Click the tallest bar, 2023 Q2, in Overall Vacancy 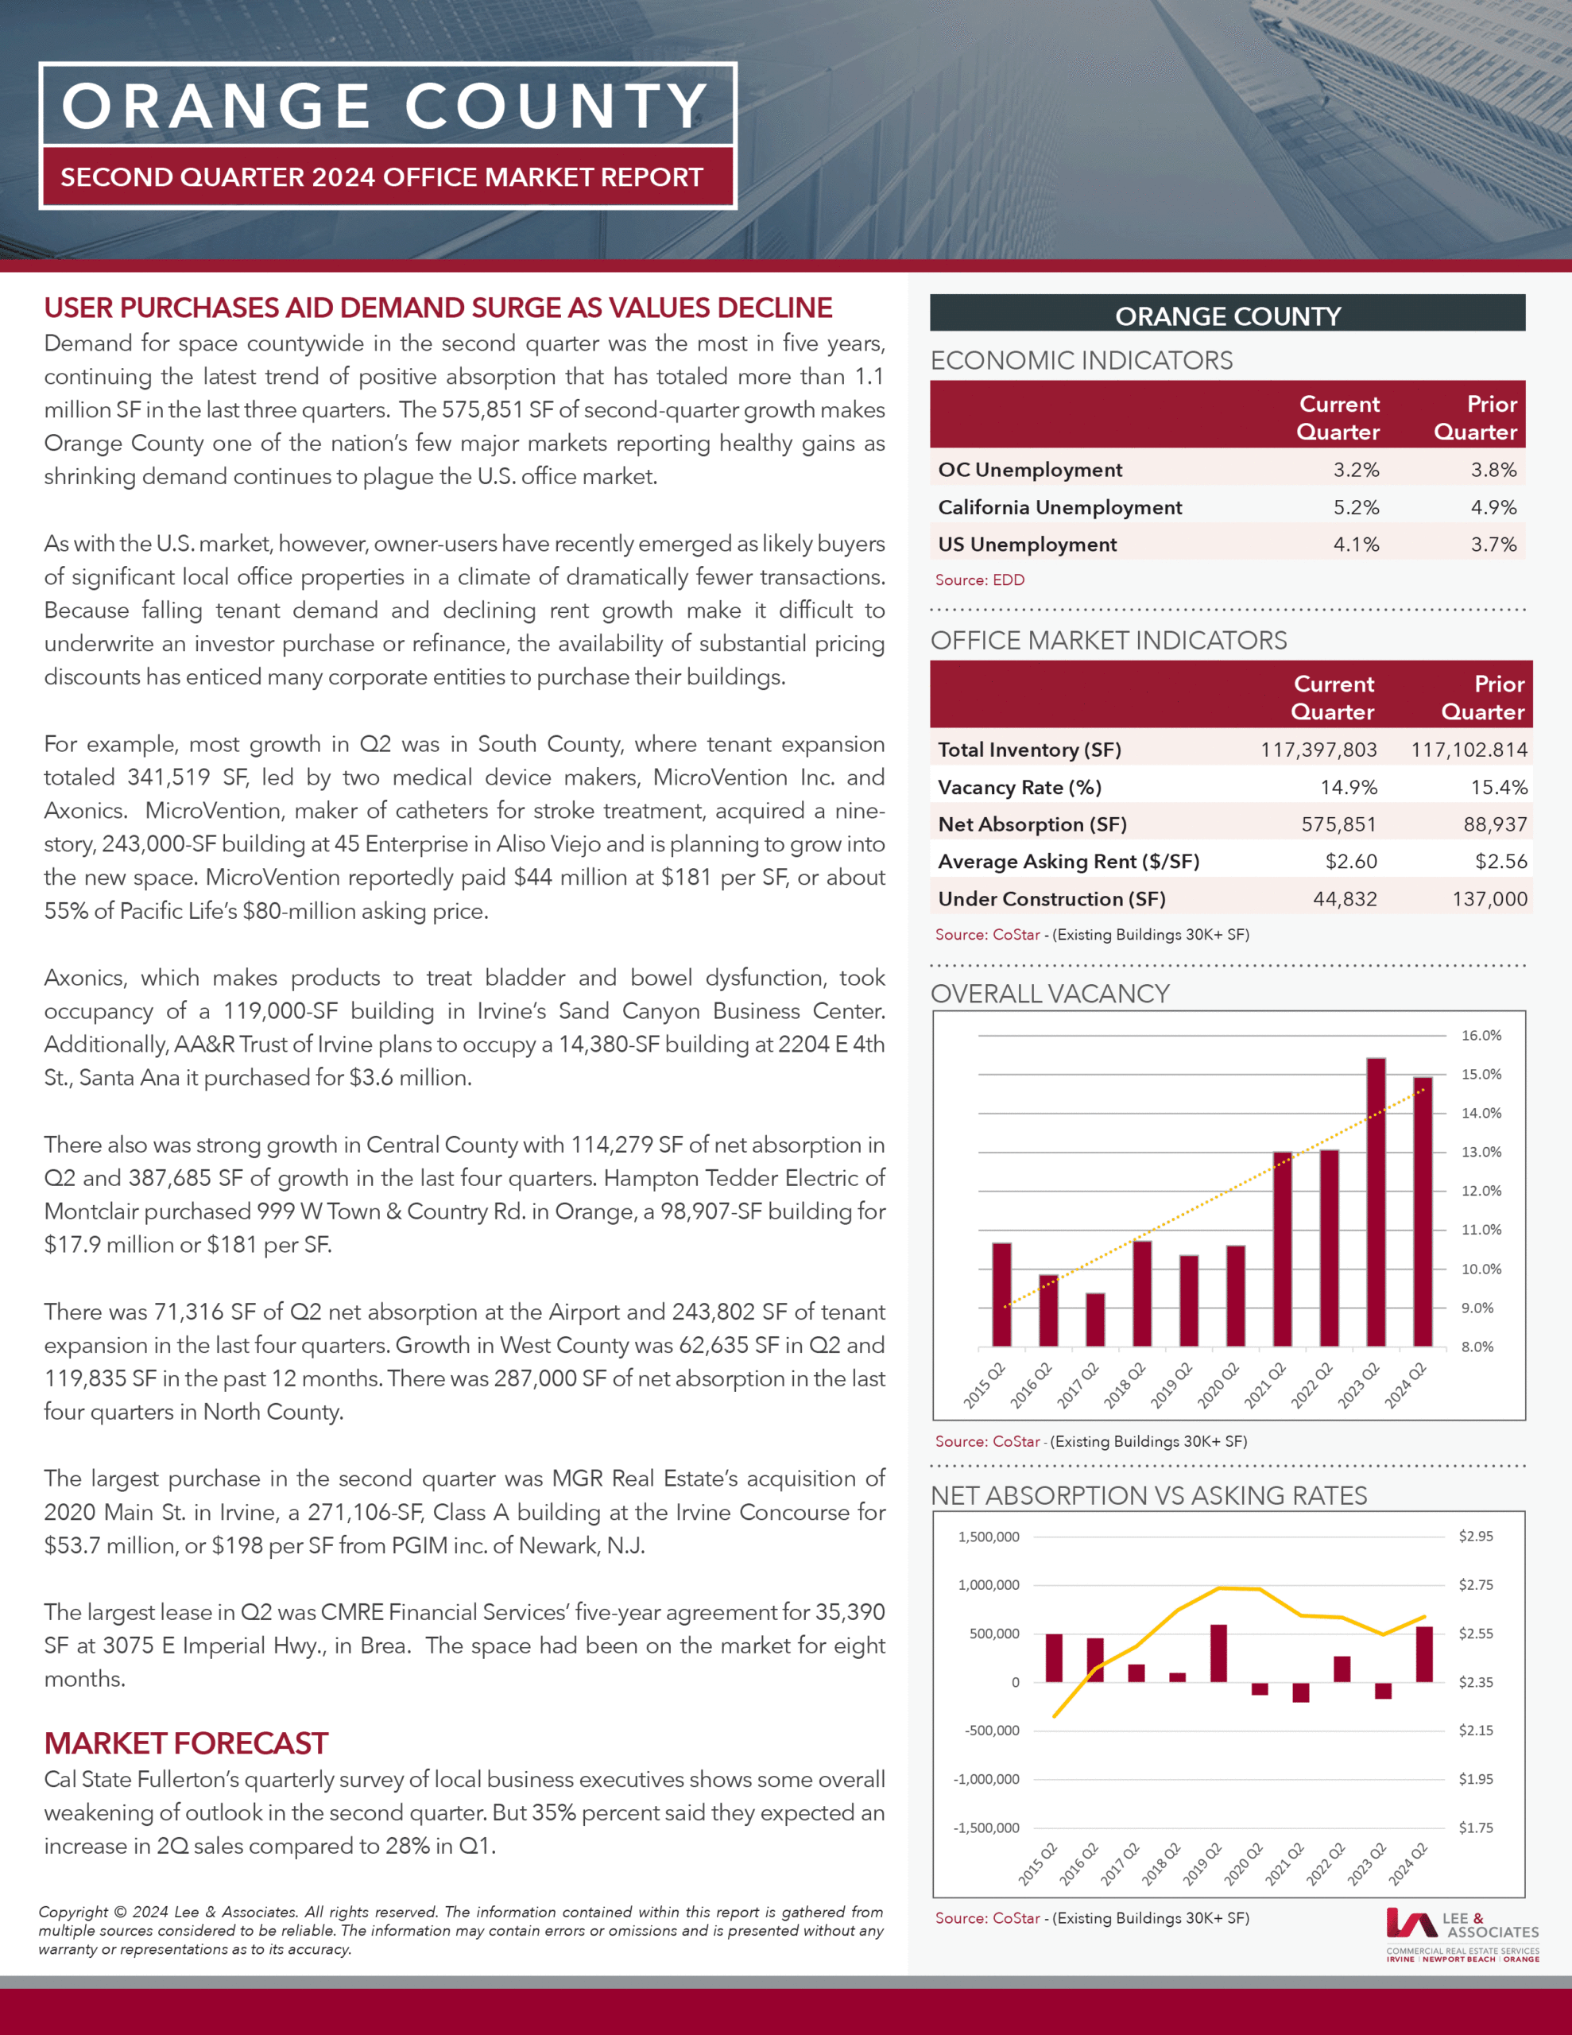[x=1376, y=1202]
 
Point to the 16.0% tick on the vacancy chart [x=1481, y=1035]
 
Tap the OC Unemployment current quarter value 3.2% [x=1356, y=470]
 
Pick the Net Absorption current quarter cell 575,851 [x=1339, y=824]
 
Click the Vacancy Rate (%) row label [x=1020, y=787]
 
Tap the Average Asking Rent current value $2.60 [x=1351, y=862]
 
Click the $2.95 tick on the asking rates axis [x=1475, y=1537]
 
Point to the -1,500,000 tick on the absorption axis [x=986, y=1828]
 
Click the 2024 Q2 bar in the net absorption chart [x=1424, y=1655]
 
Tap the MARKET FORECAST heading [x=185, y=1743]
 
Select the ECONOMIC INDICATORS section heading [x=1081, y=361]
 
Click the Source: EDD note [x=979, y=579]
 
